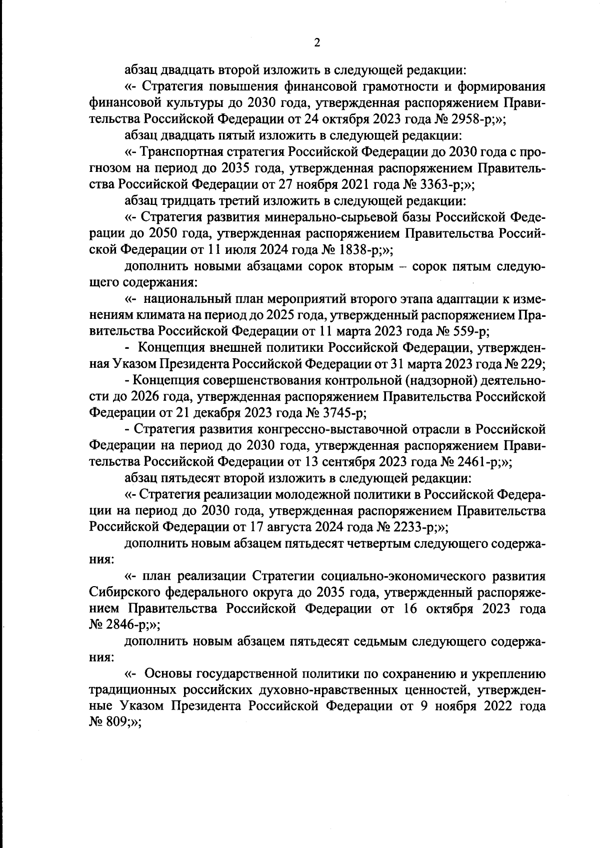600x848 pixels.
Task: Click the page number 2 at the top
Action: tap(316, 43)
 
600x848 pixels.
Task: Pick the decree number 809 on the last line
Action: tap(115, 723)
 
